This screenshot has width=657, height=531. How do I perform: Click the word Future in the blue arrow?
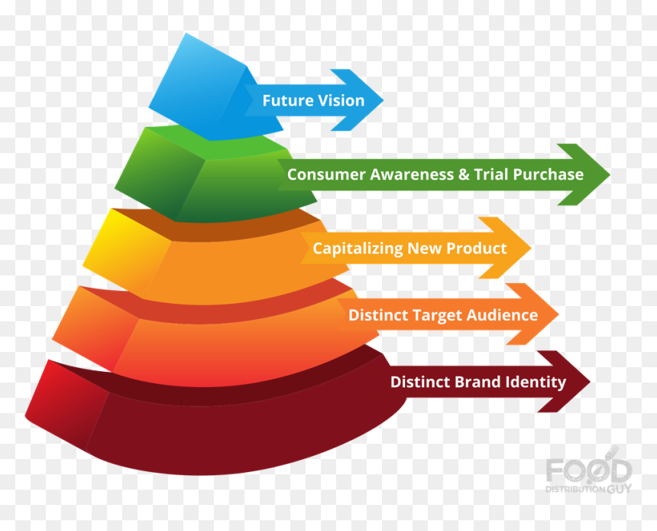click(287, 101)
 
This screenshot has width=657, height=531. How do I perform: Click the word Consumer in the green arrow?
click(322, 174)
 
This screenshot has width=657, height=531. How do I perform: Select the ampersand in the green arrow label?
click(464, 174)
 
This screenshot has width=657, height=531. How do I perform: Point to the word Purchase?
click(549, 174)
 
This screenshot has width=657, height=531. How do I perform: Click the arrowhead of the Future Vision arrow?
click(357, 100)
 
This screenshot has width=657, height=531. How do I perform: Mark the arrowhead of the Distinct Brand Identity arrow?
click(564, 382)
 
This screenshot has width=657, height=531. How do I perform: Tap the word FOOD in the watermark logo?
click(589, 470)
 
